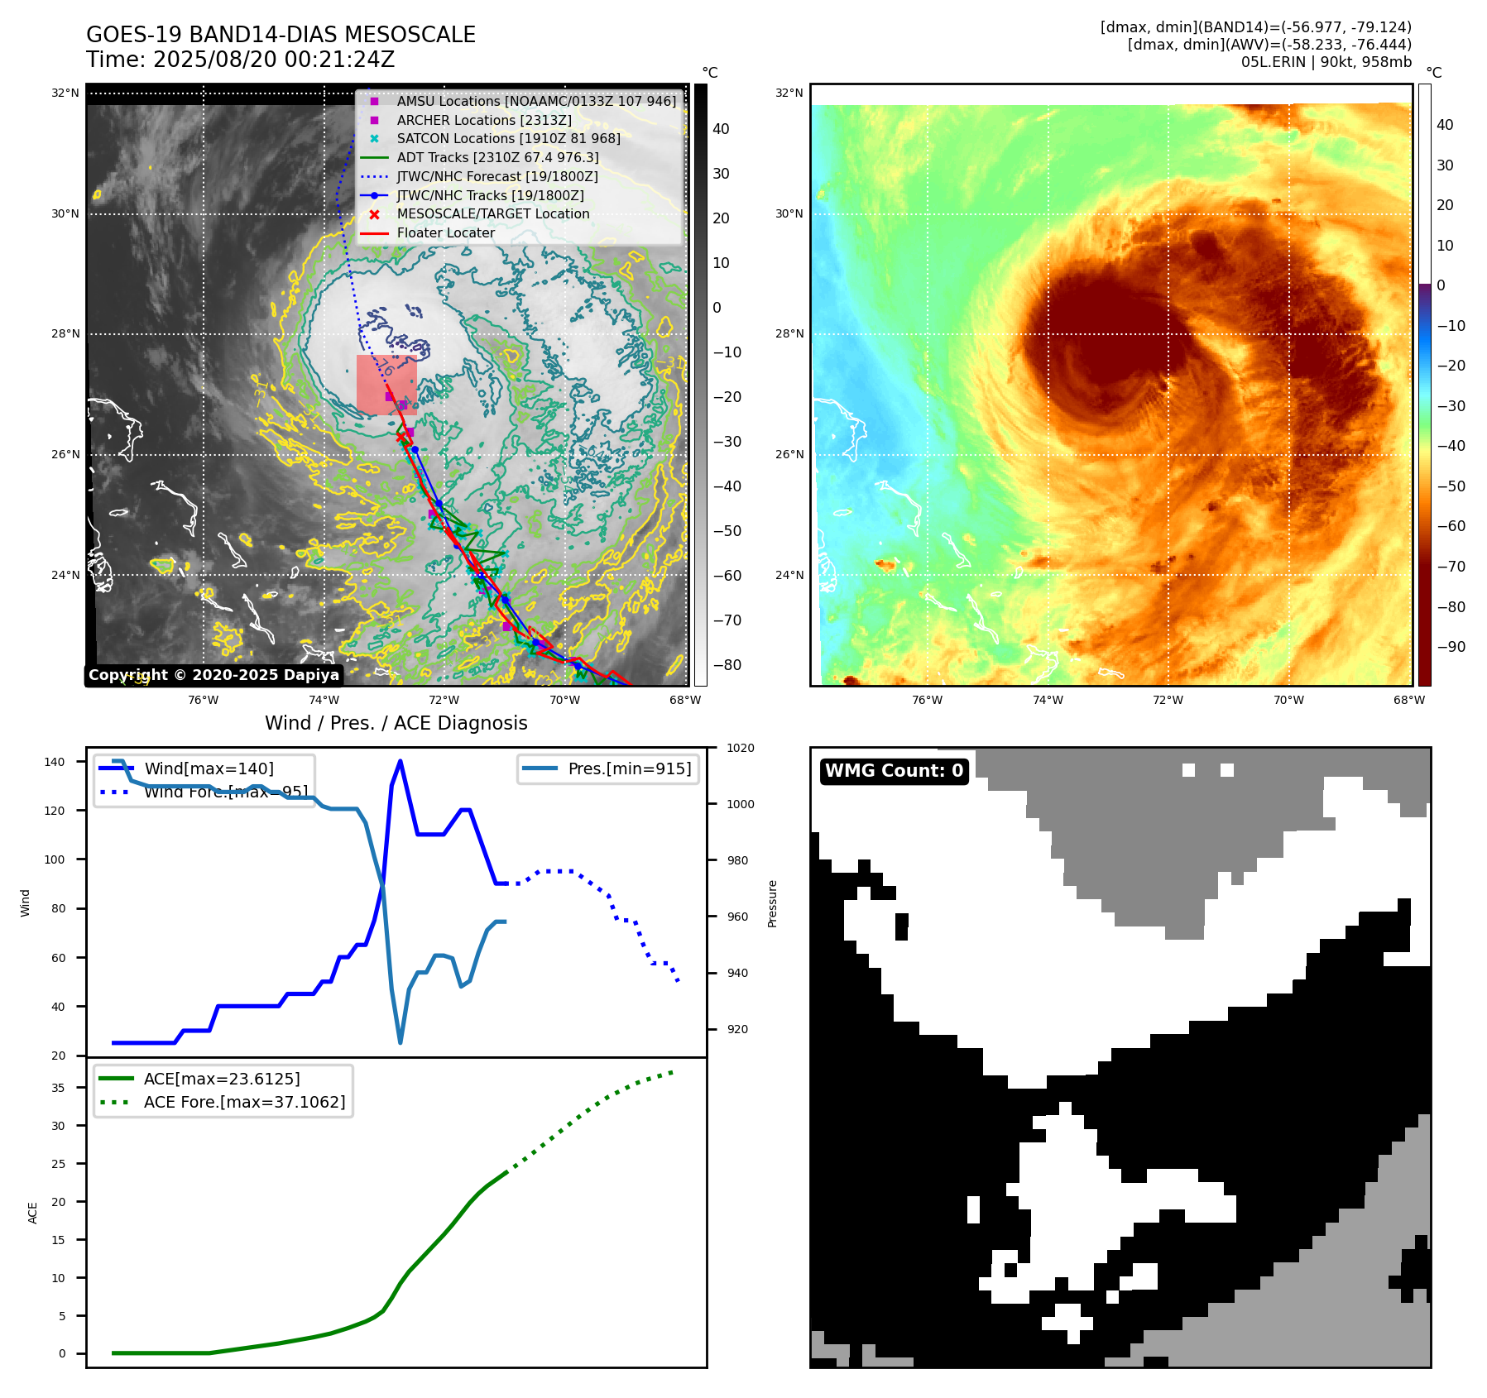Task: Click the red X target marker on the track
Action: tap(401, 437)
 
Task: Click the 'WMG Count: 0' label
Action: tap(894, 771)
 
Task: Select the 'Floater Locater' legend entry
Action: tap(445, 233)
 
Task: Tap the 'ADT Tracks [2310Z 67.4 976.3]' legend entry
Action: tap(497, 157)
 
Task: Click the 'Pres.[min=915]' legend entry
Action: tap(629, 768)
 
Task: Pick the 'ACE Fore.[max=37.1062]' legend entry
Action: tap(244, 1102)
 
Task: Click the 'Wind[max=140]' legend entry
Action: tap(209, 768)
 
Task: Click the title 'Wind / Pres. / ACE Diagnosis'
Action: tap(396, 723)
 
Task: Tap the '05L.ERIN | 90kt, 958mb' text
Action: tap(1326, 62)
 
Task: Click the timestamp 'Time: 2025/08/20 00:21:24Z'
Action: tap(240, 60)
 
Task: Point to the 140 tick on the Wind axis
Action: tap(54, 762)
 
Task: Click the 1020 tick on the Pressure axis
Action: tap(740, 749)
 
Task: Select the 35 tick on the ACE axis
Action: tap(58, 1088)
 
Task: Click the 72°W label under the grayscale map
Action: tap(444, 701)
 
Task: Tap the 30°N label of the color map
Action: tap(789, 213)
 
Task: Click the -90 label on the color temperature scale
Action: tap(1451, 647)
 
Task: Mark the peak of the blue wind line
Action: tap(401, 761)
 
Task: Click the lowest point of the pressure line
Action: tap(401, 1042)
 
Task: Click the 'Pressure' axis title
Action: tap(772, 903)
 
